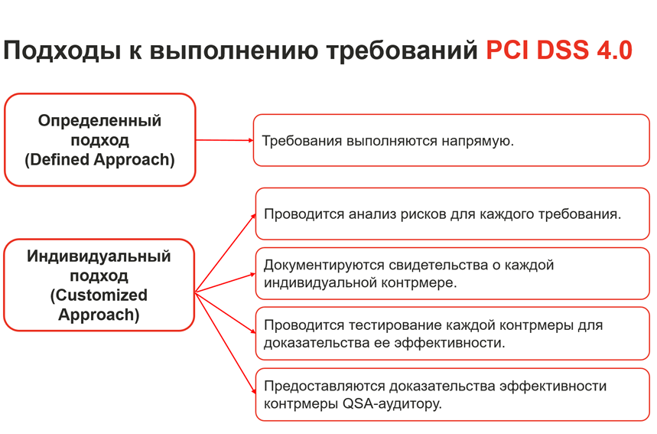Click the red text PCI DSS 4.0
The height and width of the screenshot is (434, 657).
coord(558,51)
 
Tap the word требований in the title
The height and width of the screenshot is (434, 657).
coord(402,51)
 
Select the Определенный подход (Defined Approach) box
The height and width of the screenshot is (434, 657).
coord(99,139)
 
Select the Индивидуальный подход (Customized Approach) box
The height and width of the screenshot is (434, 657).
coord(99,286)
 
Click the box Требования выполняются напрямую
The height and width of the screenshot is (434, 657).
coord(451,140)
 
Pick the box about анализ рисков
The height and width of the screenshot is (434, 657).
coord(453,214)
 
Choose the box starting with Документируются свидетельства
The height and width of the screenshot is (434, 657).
coord(453,273)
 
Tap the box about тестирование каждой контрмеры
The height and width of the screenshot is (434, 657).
coord(453,334)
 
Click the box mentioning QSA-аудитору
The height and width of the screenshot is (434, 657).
coord(453,395)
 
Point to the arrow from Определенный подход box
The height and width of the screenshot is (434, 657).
coord(225,140)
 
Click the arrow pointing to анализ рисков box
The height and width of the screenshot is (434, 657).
coord(226,253)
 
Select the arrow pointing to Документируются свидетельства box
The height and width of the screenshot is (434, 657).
coord(226,282)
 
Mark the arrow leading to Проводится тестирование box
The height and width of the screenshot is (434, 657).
coord(226,313)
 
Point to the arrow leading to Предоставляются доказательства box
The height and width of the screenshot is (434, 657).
coord(226,343)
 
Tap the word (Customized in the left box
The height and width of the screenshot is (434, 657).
coord(99,295)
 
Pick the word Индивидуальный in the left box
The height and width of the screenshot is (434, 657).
coord(99,256)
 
